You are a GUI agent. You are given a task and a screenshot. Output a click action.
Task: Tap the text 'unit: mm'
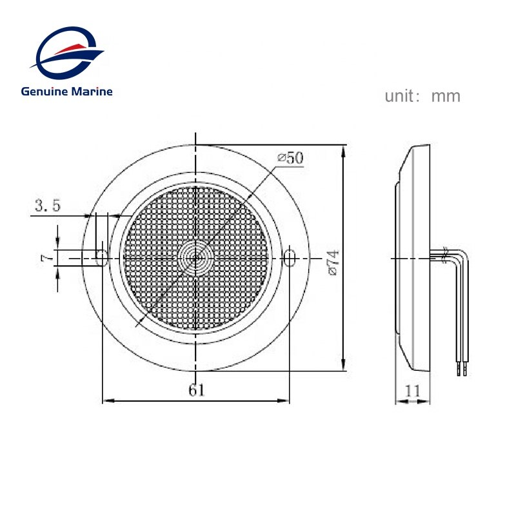point(422,97)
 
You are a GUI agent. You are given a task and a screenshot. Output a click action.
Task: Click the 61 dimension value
point(197,390)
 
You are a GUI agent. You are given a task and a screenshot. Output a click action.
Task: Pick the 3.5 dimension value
point(48,206)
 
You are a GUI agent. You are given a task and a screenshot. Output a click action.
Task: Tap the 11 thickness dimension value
point(413,390)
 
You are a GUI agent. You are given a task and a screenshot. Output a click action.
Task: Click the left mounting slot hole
point(101,257)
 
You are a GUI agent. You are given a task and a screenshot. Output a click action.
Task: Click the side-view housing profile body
point(416,258)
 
